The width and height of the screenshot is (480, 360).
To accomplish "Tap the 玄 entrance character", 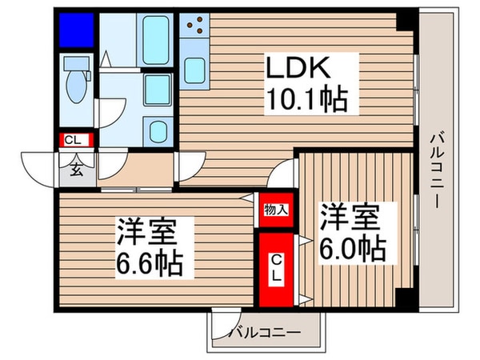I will tap(78, 169).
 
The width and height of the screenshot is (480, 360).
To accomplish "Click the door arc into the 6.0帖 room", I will tap(286, 171).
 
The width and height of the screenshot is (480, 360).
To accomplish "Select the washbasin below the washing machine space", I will tap(158, 131).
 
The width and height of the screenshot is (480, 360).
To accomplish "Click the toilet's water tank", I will tap(78, 63).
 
